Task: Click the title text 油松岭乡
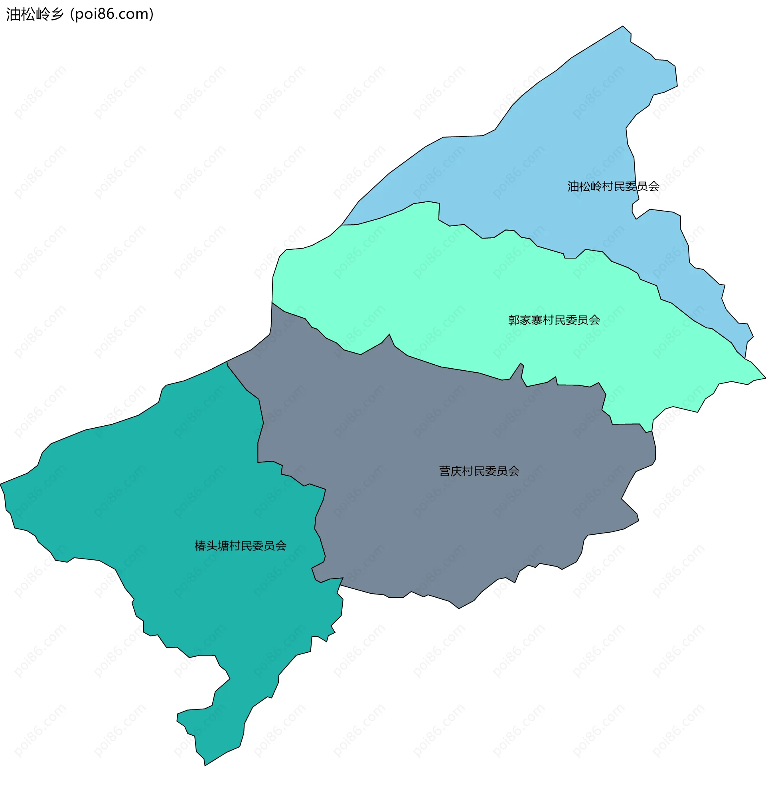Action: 35,14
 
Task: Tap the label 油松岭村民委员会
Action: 613,186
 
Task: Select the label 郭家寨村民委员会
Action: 553,320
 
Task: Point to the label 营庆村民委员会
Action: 479,471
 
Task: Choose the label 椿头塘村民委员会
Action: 241,546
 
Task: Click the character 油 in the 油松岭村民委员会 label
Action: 573,186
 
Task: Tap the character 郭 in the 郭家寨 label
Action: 514,320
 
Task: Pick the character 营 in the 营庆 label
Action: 444,471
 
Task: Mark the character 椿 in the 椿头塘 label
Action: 200,546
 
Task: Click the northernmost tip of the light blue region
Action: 623,26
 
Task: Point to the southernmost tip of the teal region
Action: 205,765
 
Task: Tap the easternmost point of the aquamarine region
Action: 765,378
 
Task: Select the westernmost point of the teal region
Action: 1,484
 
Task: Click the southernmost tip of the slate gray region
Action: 458,608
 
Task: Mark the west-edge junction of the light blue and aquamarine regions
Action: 342,225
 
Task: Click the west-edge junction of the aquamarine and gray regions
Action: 272,303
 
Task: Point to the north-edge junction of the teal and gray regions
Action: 227,361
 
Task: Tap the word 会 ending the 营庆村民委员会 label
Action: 514,471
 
